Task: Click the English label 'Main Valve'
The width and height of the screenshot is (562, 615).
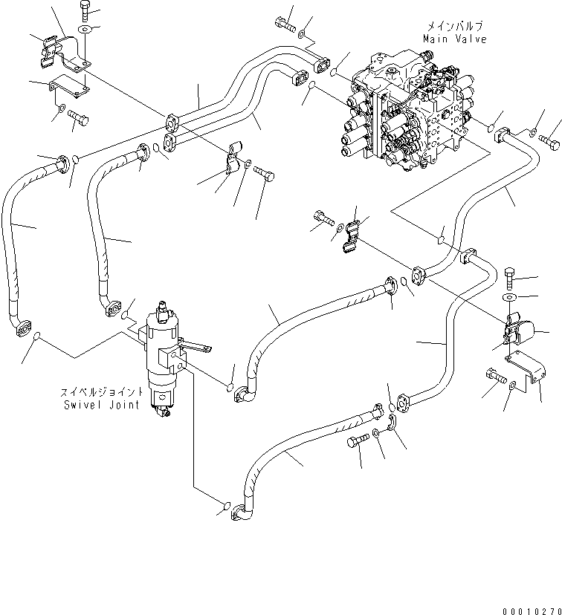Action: tap(454, 39)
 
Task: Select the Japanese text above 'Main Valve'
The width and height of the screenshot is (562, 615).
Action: tap(454, 26)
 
